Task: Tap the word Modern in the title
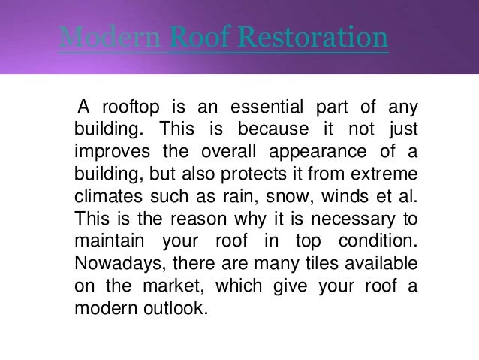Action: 110,38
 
